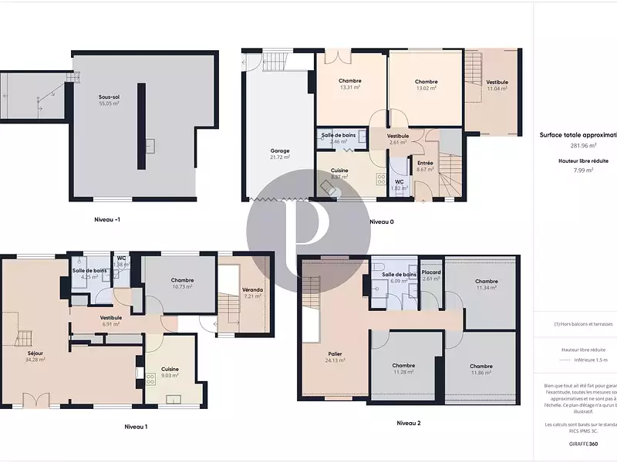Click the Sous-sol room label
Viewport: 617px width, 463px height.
pos(109,96)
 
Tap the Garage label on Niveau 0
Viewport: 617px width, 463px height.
pos(279,152)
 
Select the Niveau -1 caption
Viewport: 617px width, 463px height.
pos(106,219)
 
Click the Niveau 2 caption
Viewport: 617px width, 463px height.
pos(409,423)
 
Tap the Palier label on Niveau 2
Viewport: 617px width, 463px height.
pos(334,354)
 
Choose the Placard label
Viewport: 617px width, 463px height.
pos(431,273)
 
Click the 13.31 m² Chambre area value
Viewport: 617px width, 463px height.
pos(350,87)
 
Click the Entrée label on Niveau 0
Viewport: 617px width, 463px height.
pos(425,163)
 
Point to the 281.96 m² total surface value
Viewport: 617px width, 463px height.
pos(582,145)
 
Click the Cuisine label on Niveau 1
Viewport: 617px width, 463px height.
pos(170,370)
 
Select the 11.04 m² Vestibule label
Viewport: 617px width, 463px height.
pos(497,83)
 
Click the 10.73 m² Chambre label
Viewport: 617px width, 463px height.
pos(182,281)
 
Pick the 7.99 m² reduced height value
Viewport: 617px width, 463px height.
pos(582,170)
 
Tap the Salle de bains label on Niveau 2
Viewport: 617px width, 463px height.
pos(399,275)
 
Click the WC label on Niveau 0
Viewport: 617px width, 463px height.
pos(399,182)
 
